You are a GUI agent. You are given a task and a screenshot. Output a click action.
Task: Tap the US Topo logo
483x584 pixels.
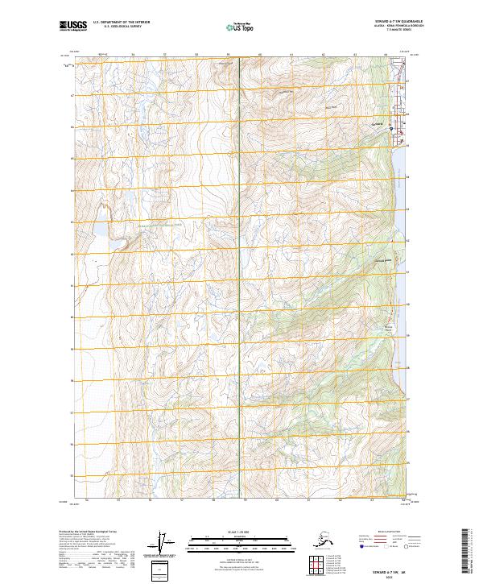239,28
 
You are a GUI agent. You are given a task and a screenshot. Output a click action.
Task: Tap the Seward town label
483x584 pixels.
382,123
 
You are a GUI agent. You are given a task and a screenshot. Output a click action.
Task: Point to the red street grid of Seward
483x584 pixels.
394,121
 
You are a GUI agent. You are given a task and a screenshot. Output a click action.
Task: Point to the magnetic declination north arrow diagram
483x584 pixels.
163,544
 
